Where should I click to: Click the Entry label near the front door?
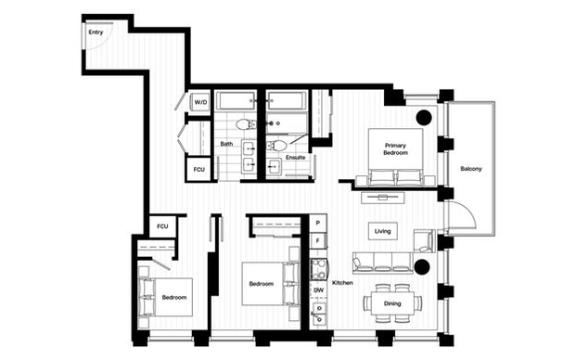[96, 32]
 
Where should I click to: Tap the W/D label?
[200, 103]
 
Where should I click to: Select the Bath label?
[226, 144]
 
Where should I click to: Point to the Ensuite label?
[296, 158]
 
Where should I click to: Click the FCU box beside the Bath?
[198, 170]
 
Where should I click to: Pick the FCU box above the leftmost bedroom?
[162, 226]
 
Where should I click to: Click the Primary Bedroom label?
[394, 148]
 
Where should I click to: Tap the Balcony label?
[470, 168]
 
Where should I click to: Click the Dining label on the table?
[392, 303]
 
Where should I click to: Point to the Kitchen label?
[342, 282]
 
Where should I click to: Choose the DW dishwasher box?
[318, 290]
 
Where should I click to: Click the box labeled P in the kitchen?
[317, 223]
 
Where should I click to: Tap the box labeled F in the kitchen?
[317, 242]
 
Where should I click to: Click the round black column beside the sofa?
[421, 267]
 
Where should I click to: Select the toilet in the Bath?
[245, 124]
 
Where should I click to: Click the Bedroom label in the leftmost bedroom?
[174, 298]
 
